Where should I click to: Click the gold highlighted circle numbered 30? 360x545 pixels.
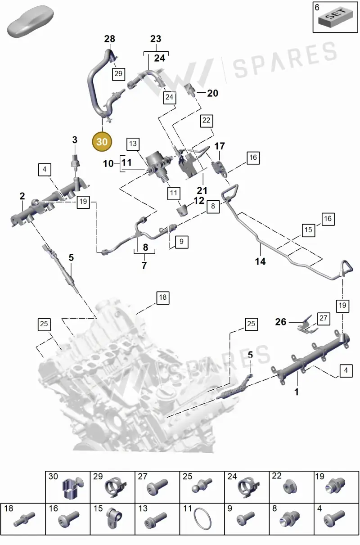pos(102,142)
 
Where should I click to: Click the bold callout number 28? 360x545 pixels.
pos(109,39)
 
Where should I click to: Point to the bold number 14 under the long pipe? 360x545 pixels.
pos(260,261)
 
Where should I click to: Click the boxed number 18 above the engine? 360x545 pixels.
pos(163,297)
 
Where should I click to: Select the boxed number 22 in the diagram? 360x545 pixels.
pos(207,121)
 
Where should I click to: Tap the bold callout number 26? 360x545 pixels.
pos(281,322)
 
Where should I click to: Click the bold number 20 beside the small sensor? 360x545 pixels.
pos(212,93)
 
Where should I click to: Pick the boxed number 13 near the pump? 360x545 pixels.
pos(133,144)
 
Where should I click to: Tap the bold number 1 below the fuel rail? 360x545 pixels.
pos(297,392)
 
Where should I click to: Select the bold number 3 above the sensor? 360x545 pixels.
pos(75,140)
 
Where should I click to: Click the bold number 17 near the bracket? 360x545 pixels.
pos(220,146)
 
